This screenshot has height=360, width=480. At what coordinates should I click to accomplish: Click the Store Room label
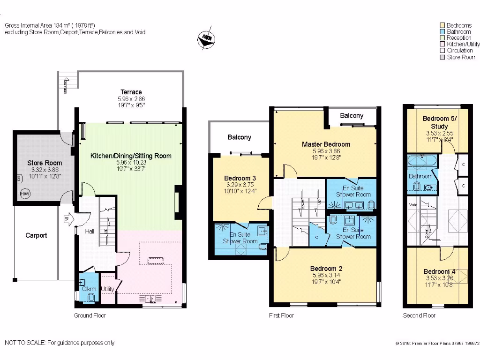(x=44, y=163)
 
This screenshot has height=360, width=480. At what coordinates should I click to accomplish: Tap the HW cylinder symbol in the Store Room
(x=24, y=193)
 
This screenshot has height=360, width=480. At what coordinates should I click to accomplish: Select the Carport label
(x=36, y=235)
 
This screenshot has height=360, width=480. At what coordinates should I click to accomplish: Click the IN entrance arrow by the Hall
(x=67, y=219)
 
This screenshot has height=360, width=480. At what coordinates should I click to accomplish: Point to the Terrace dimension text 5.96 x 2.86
(x=131, y=99)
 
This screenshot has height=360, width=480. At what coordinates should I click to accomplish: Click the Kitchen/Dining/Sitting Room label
(x=131, y=156)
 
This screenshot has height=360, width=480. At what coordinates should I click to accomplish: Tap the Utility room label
(x=107, y=289)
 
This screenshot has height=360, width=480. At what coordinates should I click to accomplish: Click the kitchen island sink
(x=155, y=261)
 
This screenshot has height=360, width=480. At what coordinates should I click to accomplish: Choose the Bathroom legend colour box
(x=442, y=31)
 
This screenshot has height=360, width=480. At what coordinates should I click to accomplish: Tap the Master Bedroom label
(x=326, y=144)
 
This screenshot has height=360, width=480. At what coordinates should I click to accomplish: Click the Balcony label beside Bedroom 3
(x=239, y=137)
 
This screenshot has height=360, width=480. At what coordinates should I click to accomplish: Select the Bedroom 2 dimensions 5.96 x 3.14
(x=326, y=276)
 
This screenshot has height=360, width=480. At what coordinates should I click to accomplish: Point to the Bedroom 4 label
(x=439, y=271)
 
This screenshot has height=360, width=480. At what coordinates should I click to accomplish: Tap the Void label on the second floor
(x=412, y=205)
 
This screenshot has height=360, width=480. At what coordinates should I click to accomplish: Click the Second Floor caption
(x=419, y=315)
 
